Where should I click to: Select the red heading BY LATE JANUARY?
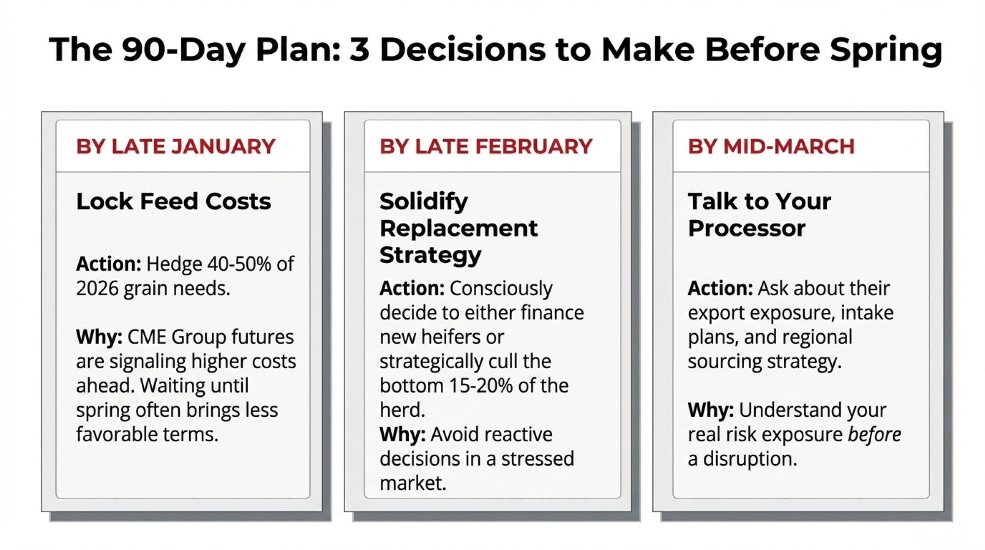[176, 146]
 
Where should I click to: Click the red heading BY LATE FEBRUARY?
[486, 146]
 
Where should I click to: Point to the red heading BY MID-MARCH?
[771, 146]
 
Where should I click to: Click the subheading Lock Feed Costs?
[173, 201]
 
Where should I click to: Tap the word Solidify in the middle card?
[424, 202]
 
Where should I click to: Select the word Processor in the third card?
[747, 228]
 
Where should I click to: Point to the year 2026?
[97, 288]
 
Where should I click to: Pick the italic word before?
[874, 434]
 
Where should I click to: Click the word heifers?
[449, 337]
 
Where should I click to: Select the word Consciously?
[501, 289]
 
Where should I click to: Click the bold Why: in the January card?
[99, 337]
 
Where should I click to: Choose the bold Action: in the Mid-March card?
[720, 288]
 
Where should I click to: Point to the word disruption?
[750, 459]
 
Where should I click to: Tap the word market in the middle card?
[413, 483]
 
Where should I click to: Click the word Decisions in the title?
[462, 49]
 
